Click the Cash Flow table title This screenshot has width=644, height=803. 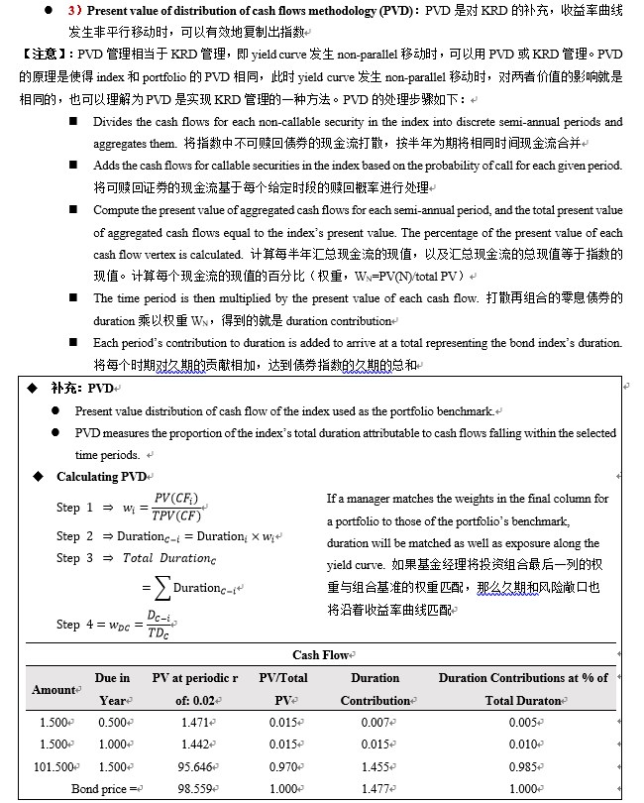click(320, 655)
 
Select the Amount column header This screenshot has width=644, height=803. click(54, 690)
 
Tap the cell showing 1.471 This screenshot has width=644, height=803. click(194, 723)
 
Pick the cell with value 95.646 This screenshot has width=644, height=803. click(194, 766)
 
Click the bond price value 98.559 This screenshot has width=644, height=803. click(194, 788)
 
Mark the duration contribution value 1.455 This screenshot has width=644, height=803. click(376, 766)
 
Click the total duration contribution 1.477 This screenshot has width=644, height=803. click(376, 788)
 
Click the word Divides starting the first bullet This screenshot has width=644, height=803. click(114, 122)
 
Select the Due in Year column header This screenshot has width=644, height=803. click(112, 690)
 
